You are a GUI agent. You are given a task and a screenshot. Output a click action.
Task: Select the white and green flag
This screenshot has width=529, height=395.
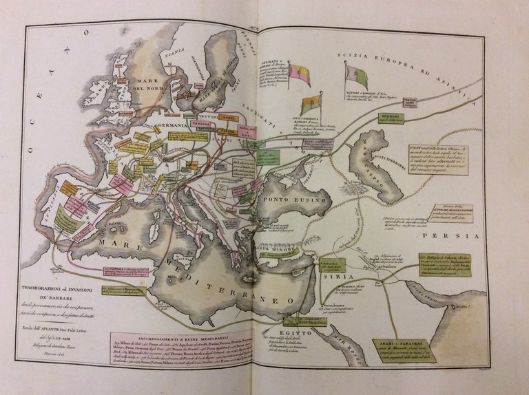point(356,76)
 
